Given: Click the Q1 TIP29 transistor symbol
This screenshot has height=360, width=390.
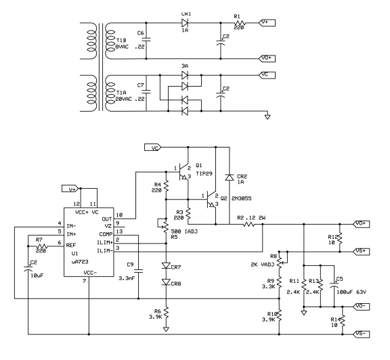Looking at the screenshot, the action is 183,172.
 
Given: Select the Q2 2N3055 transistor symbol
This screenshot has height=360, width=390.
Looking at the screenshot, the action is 211,199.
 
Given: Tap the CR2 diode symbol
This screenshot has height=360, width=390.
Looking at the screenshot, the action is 230,177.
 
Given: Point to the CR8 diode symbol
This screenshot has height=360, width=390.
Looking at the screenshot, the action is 166,282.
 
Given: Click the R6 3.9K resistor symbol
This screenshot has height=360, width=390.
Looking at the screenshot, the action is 166,313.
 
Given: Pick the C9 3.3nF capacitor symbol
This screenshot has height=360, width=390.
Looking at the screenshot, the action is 139,271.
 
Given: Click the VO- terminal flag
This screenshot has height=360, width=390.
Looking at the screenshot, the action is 362,307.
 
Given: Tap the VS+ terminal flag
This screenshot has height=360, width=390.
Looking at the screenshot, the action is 362,252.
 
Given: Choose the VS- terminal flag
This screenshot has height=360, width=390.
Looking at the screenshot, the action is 362,334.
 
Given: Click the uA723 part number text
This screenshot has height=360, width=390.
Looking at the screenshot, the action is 80,262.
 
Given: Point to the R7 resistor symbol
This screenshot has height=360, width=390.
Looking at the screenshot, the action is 42,246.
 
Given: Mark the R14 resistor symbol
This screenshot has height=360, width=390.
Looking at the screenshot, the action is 343,321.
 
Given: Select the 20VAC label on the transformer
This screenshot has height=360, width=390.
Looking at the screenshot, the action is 124,99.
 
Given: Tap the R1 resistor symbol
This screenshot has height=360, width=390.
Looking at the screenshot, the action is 240,23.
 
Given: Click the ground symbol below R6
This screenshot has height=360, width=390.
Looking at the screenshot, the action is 166,329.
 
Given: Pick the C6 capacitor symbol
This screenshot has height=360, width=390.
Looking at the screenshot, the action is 146,39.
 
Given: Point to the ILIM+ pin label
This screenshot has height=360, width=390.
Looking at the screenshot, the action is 104,242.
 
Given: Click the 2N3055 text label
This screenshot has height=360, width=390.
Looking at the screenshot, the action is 242,198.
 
